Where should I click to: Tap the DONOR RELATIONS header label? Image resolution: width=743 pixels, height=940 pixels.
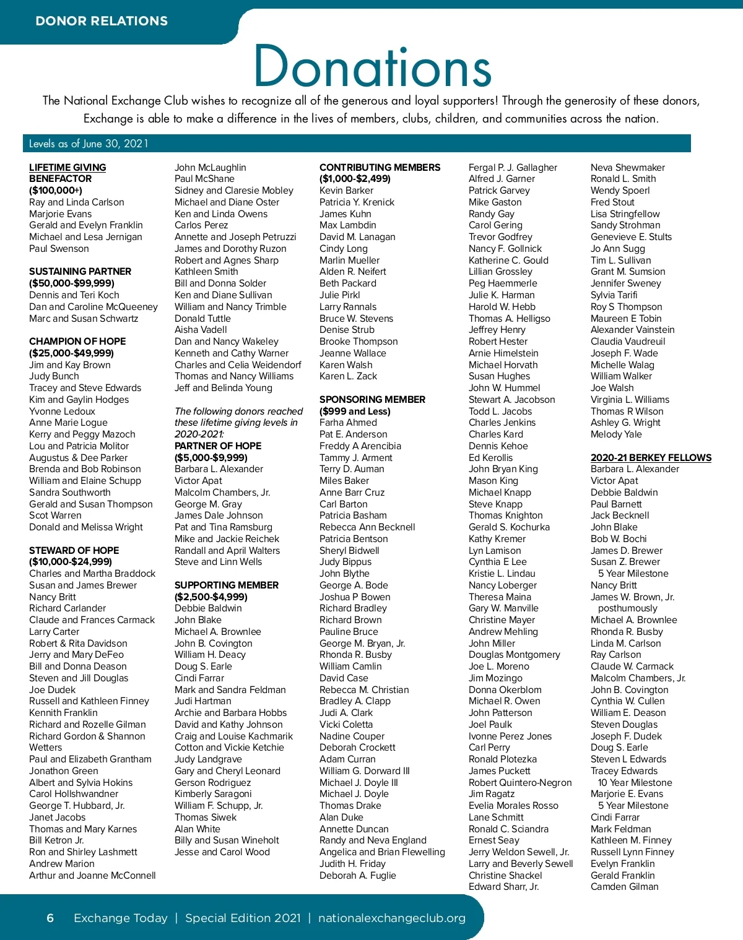pos(102,21)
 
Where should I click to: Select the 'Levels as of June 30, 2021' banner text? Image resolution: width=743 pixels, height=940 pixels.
pos(89,144)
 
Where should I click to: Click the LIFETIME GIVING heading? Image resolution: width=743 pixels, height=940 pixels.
pos(67,167)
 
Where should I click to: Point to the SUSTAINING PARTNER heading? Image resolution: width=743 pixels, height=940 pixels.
pos(80,271)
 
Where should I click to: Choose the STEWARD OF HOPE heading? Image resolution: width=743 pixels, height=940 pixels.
pos(74,550)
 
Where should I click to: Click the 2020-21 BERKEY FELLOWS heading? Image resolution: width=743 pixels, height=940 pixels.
pos(651,457)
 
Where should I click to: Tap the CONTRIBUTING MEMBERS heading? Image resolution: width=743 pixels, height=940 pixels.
pos(380,167)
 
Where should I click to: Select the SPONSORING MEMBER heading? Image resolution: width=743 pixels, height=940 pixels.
pos(372,399)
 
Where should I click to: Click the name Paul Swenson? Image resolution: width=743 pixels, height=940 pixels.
pos(59,248)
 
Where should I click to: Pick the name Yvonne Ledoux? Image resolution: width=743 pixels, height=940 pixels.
pos(62,411)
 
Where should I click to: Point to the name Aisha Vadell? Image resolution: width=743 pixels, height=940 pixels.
pos(201,330)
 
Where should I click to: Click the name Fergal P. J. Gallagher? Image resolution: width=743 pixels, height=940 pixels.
pos(513,167)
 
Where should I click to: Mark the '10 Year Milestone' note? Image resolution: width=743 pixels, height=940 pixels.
pos(635,782)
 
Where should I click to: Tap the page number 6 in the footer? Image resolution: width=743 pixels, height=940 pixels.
pos(50,918)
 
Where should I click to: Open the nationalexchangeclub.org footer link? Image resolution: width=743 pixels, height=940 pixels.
pos(391,918)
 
